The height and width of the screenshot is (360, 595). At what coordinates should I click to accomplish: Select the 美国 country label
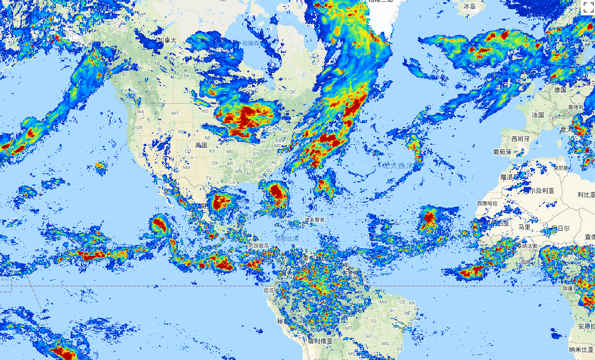click(201, 145)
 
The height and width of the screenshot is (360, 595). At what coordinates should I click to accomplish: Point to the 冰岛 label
click(469, 6)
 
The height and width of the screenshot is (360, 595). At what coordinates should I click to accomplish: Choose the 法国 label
click(537, 114)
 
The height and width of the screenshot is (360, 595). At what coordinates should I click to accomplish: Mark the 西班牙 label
click(521, 138)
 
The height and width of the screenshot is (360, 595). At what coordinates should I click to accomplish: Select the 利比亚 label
click(585, 195)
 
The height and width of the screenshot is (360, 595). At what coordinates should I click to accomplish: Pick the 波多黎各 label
click(314, 219)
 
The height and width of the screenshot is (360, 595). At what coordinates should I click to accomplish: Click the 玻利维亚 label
click(320, 341)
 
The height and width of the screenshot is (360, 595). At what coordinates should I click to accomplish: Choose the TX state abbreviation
click(209, 178)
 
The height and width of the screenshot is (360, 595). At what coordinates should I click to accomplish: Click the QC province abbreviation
click(293, 91)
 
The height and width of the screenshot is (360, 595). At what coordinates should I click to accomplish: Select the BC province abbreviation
click(125, 74)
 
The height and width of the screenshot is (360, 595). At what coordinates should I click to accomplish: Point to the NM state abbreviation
click(186, 167)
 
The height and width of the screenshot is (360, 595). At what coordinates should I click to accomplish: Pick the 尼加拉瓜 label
click(259, 245)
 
